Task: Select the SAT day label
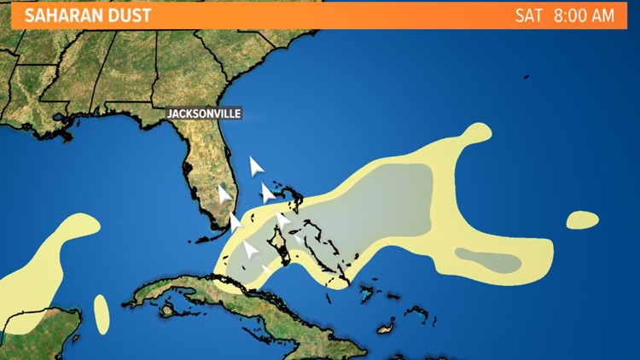coord(529,15)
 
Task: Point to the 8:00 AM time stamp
coord(585,15)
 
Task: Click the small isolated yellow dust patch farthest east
coord(583,219)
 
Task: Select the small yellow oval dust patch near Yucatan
coord(102,314)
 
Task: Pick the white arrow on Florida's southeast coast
coord(235,224)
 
